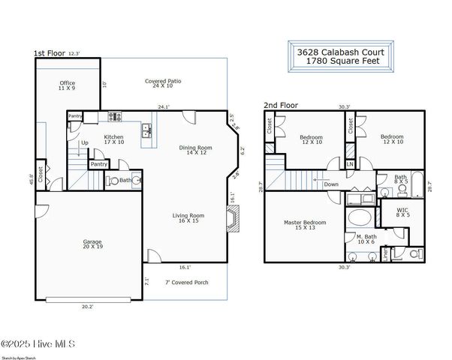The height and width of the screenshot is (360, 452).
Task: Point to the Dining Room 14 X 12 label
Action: pos(191,150)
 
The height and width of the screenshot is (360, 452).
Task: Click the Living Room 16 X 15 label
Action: pos(188,219)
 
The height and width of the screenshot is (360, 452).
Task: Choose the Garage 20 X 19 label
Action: pos(92,244)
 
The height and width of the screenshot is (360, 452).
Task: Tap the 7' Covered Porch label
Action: pos(176,282)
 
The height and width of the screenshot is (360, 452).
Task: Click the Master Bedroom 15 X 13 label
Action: pos(304,226)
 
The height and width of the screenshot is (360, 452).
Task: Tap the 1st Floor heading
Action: pos(50,54)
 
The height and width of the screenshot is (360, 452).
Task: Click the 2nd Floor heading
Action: pos(280,106)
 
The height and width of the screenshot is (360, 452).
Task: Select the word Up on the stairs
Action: pos(85,142)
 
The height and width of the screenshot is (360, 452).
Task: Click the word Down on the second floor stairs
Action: pos(331,184)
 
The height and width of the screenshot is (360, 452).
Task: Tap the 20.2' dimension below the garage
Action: pos(86,306)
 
